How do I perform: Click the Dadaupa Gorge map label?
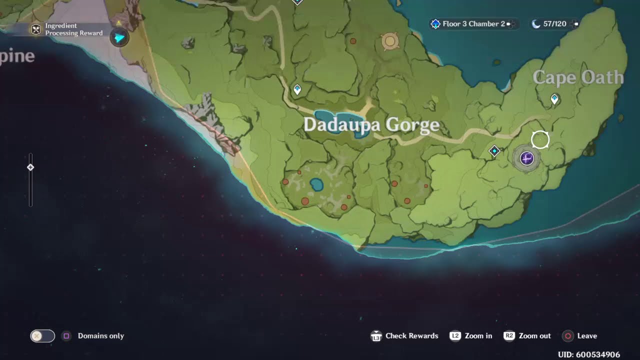[371, 125]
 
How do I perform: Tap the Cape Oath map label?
[578, 78]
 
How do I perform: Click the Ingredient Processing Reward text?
[73, 29]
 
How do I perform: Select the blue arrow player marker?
[119, 37]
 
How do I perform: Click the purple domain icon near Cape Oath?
[526, 158]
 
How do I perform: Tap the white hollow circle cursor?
[540, 140]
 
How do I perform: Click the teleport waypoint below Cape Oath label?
[554, 98]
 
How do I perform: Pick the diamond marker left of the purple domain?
[494, 151]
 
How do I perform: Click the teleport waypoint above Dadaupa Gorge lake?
[297, 89]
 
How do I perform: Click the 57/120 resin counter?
[554, 24]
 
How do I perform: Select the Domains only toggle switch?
[42, 336]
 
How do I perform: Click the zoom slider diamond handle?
[30, 167]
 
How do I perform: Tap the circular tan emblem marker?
[390, 41]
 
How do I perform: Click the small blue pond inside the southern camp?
[316, 185]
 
